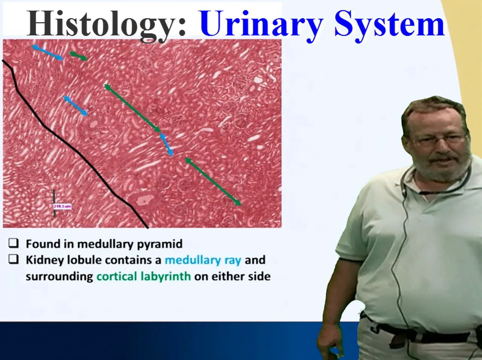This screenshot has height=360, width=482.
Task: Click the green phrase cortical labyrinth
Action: click(143, 276)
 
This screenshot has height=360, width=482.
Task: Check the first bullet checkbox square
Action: click(14, 244)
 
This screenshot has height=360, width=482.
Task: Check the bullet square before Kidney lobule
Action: click(14, 260)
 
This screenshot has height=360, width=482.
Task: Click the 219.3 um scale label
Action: click(62, 206)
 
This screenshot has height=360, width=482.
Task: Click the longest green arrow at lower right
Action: click(213, 182)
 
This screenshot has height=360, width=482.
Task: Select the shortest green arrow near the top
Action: click(78, 56)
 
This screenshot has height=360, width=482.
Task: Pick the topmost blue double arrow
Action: click(47, 53)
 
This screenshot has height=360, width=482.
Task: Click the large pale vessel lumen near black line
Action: click(142, 200)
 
